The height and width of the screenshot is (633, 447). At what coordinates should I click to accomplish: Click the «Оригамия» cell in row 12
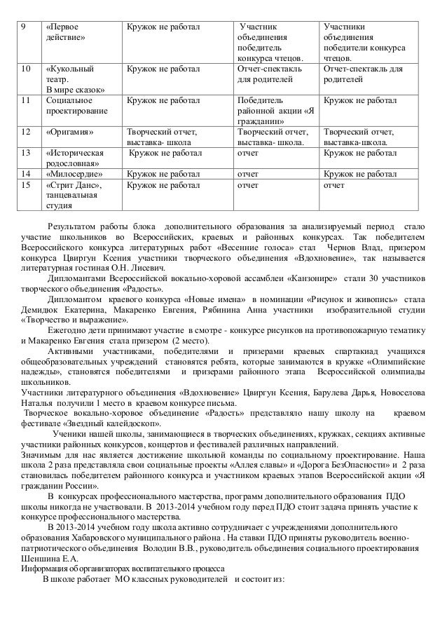pos(68,131)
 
